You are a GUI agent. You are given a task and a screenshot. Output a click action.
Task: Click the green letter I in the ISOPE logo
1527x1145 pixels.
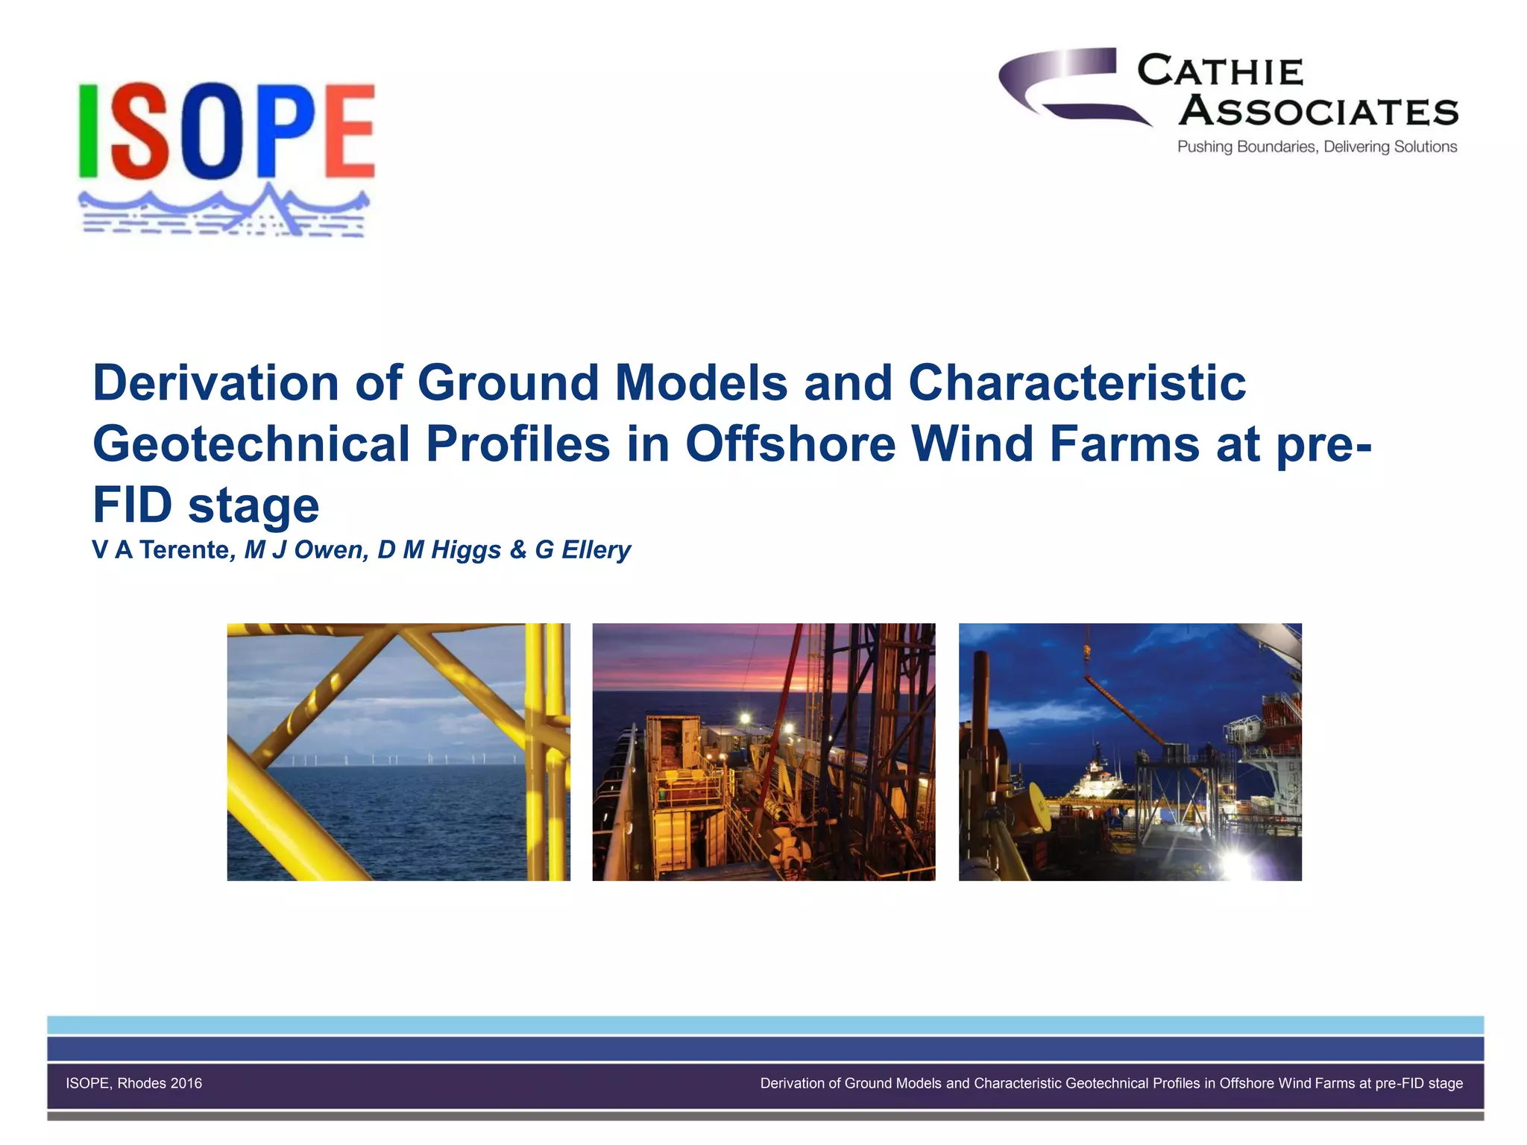click(x=89, y=130)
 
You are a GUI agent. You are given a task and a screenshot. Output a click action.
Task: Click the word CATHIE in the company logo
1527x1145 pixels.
click(x=1221, y=72)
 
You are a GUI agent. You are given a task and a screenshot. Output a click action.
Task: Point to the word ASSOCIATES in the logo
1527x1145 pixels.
click(x=1318, y=112)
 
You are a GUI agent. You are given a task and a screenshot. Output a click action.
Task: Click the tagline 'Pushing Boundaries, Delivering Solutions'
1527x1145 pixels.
click(x=1317, y=147)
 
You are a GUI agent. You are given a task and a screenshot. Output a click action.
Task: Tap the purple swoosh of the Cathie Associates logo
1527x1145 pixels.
click(x=1066, y=82)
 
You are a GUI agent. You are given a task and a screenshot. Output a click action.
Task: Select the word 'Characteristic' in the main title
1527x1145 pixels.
click(x=1077, y=382)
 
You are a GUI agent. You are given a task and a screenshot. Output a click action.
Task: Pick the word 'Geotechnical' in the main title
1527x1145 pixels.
click(x=251, y=444)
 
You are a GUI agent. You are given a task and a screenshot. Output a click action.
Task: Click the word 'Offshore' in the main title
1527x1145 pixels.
click(x=790, y=444)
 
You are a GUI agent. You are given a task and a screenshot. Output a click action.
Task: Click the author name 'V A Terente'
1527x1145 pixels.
click(x=160, y=550)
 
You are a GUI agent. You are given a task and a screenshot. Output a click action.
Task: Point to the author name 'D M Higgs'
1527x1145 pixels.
click(x=440, y=550)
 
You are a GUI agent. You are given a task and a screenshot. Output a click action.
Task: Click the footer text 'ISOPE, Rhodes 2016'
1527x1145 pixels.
click(x=134, y=1083)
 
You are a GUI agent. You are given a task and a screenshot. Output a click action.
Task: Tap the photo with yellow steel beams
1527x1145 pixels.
click(x=398, y=751)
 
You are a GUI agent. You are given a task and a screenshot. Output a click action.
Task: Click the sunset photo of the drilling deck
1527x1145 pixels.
click(x=763, y=751)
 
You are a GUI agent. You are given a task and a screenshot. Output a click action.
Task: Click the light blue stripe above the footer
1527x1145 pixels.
click(x=765, y=1024)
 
